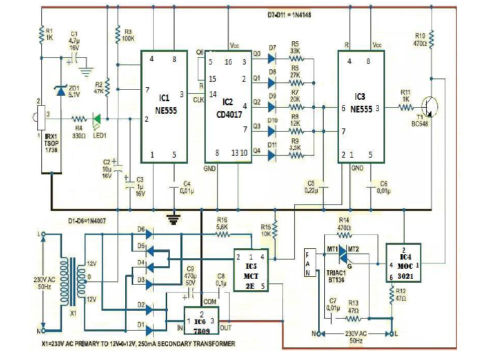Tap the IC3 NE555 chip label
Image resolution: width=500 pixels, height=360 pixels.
(360, 100)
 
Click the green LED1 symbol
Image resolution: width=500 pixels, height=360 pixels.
(97, 119)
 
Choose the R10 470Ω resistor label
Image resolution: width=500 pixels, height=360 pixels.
(420, 38)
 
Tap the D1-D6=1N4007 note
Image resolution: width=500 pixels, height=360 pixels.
(89, 220)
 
